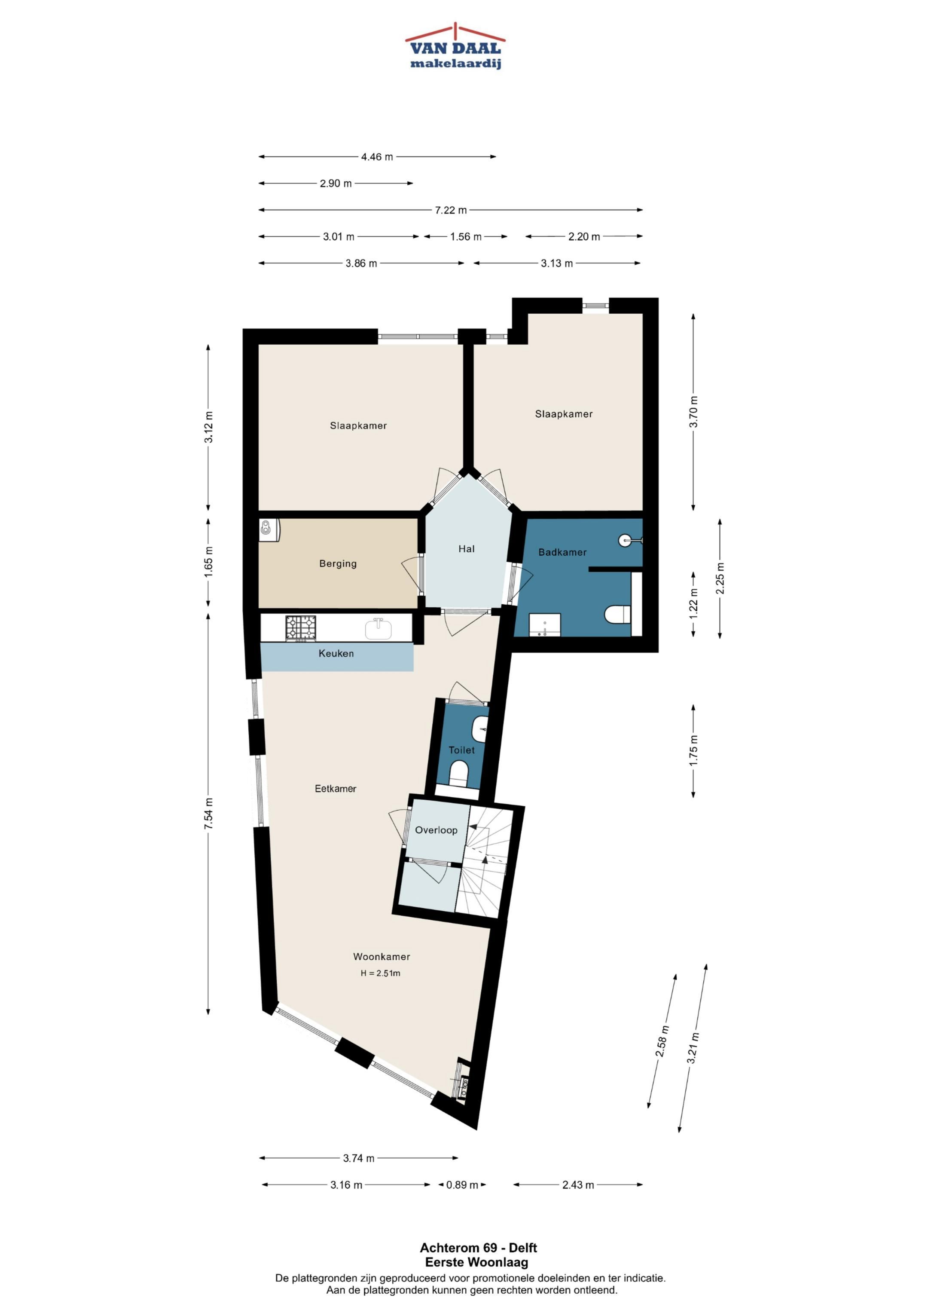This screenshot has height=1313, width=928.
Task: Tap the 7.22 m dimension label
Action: click(451, 210)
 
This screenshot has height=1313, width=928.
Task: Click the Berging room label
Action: click(338, 563)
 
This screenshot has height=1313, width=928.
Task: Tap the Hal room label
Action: click(467, 548)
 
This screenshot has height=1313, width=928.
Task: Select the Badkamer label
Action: click(563, 552)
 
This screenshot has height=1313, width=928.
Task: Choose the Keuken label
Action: click(336, 653)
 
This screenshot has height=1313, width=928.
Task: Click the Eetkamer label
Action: click(336, 789)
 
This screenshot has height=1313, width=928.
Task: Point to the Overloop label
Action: click(436, 830)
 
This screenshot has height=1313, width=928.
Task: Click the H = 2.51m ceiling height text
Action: click(380, 973)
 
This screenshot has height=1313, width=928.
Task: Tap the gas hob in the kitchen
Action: click(301, 627)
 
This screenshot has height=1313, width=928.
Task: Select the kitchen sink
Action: click(379, 628)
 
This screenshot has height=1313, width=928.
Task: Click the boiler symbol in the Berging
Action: click(268, 530)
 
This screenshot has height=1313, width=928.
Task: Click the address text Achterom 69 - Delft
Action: click(479, 1248)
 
